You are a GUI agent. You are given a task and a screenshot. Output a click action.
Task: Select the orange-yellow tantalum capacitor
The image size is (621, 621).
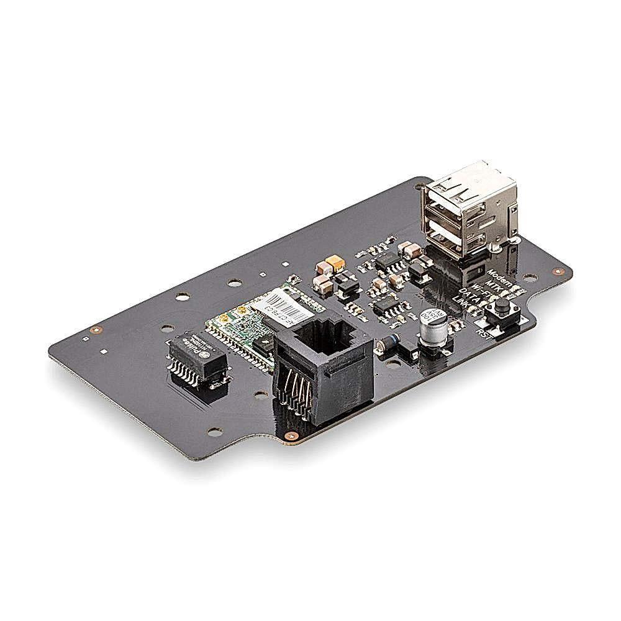pos(336,266)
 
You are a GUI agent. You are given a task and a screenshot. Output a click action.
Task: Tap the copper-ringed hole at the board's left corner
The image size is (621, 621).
pos(94,330)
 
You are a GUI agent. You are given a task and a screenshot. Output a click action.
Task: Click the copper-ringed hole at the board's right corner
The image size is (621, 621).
pos(560,270)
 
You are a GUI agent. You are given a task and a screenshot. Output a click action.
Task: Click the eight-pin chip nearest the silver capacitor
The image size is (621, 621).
pos(386,306)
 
